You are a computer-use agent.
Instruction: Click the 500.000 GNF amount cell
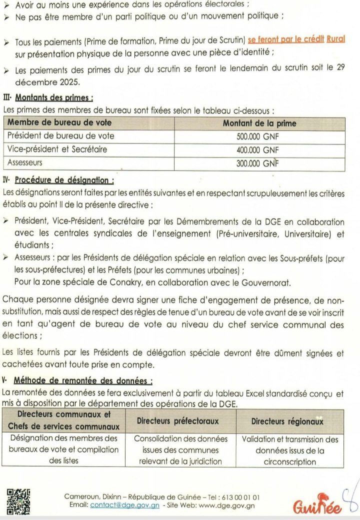[x=259, y=135]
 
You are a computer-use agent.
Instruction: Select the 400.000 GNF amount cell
[x=259, y=149]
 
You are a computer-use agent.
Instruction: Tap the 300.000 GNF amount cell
[x=259, y=162]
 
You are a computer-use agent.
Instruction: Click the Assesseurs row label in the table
[x=24, y=162]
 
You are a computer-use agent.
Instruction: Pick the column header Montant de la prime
[x=259, y=122]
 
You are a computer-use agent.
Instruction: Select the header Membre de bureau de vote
[x=59, y=122]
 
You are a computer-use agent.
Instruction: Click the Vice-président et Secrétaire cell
[x=57, y=149]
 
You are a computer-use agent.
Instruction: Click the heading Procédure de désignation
[x=64, y=179]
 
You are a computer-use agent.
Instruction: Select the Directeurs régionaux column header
[x=287, y=421]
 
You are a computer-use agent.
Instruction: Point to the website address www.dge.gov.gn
[x=227, y=505]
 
